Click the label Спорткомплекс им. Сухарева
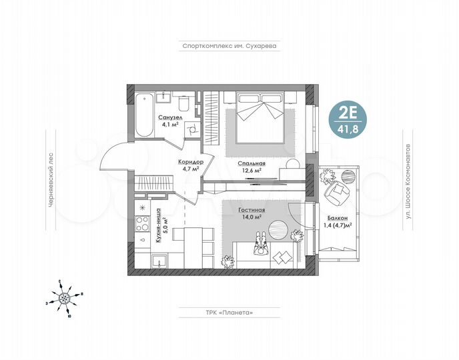point(229,47)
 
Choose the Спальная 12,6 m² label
point(251,166)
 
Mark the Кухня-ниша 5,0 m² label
point(161,230)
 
